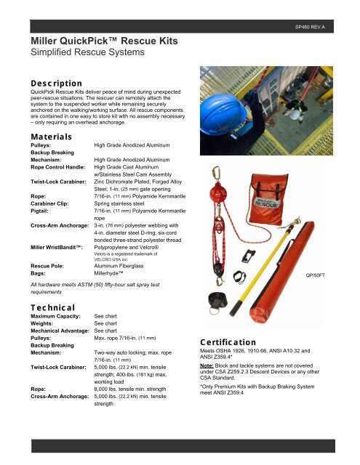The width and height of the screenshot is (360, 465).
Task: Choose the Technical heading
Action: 45,309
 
